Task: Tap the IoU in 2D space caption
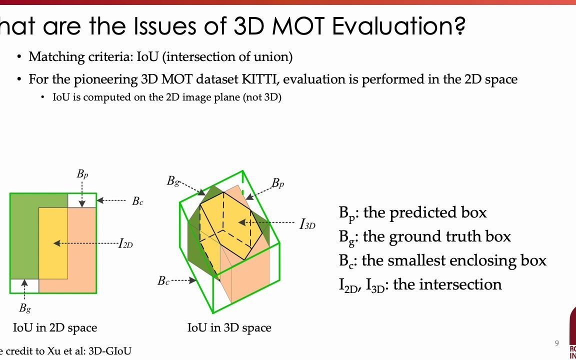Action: tap(55, 328)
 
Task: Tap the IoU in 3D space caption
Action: tap(229, 328)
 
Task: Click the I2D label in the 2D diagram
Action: tap(126, 243)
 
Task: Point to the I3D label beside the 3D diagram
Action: tap(307, 224)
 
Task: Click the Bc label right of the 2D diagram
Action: tap(137, 201)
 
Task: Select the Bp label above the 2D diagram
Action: tap(82, 174)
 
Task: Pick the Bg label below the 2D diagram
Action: tap(25, 308)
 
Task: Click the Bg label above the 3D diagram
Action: tap(173, 181)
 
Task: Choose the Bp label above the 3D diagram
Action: tap(278, 183)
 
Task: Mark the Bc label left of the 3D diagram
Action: tap(163, 280)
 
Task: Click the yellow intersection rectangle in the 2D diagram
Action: tap(53, 243)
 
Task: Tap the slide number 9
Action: tap(556, 343)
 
